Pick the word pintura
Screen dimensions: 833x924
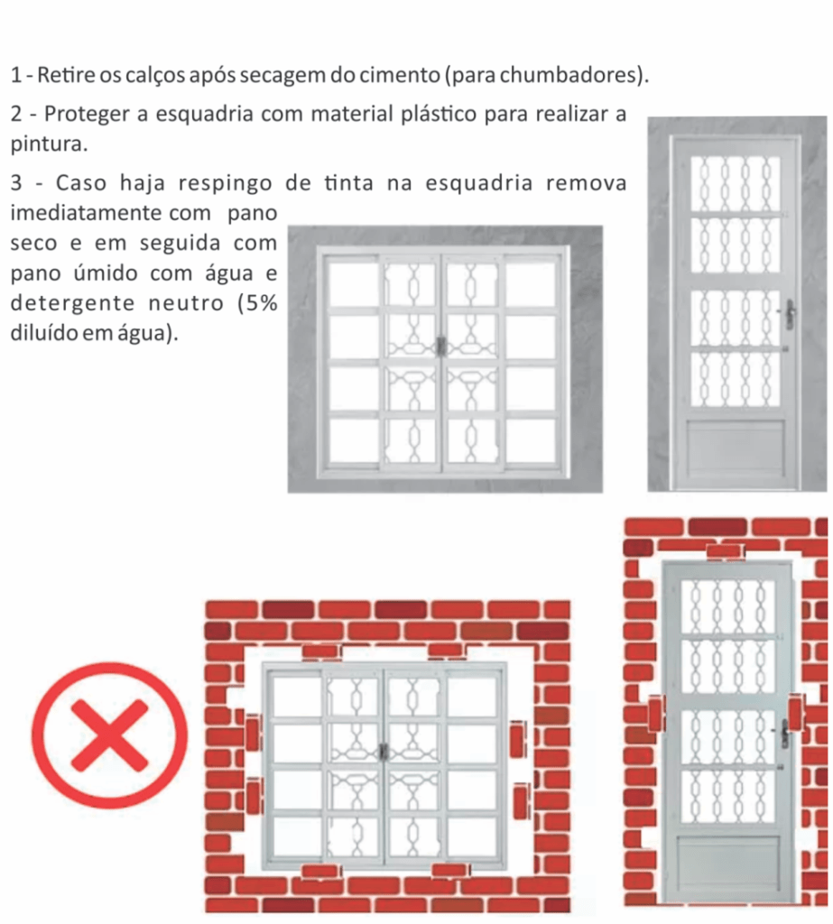[x=49, y=144]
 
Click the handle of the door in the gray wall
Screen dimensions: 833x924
[x=789, y=313]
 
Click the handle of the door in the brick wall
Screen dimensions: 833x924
[x=785, y=733]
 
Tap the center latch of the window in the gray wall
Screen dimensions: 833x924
[x=440, y=346]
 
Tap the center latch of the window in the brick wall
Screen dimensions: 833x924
[x=384, y=752]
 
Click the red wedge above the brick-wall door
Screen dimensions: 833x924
[x=726, y=552]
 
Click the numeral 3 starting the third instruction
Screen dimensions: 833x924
[x=16, y=183]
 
